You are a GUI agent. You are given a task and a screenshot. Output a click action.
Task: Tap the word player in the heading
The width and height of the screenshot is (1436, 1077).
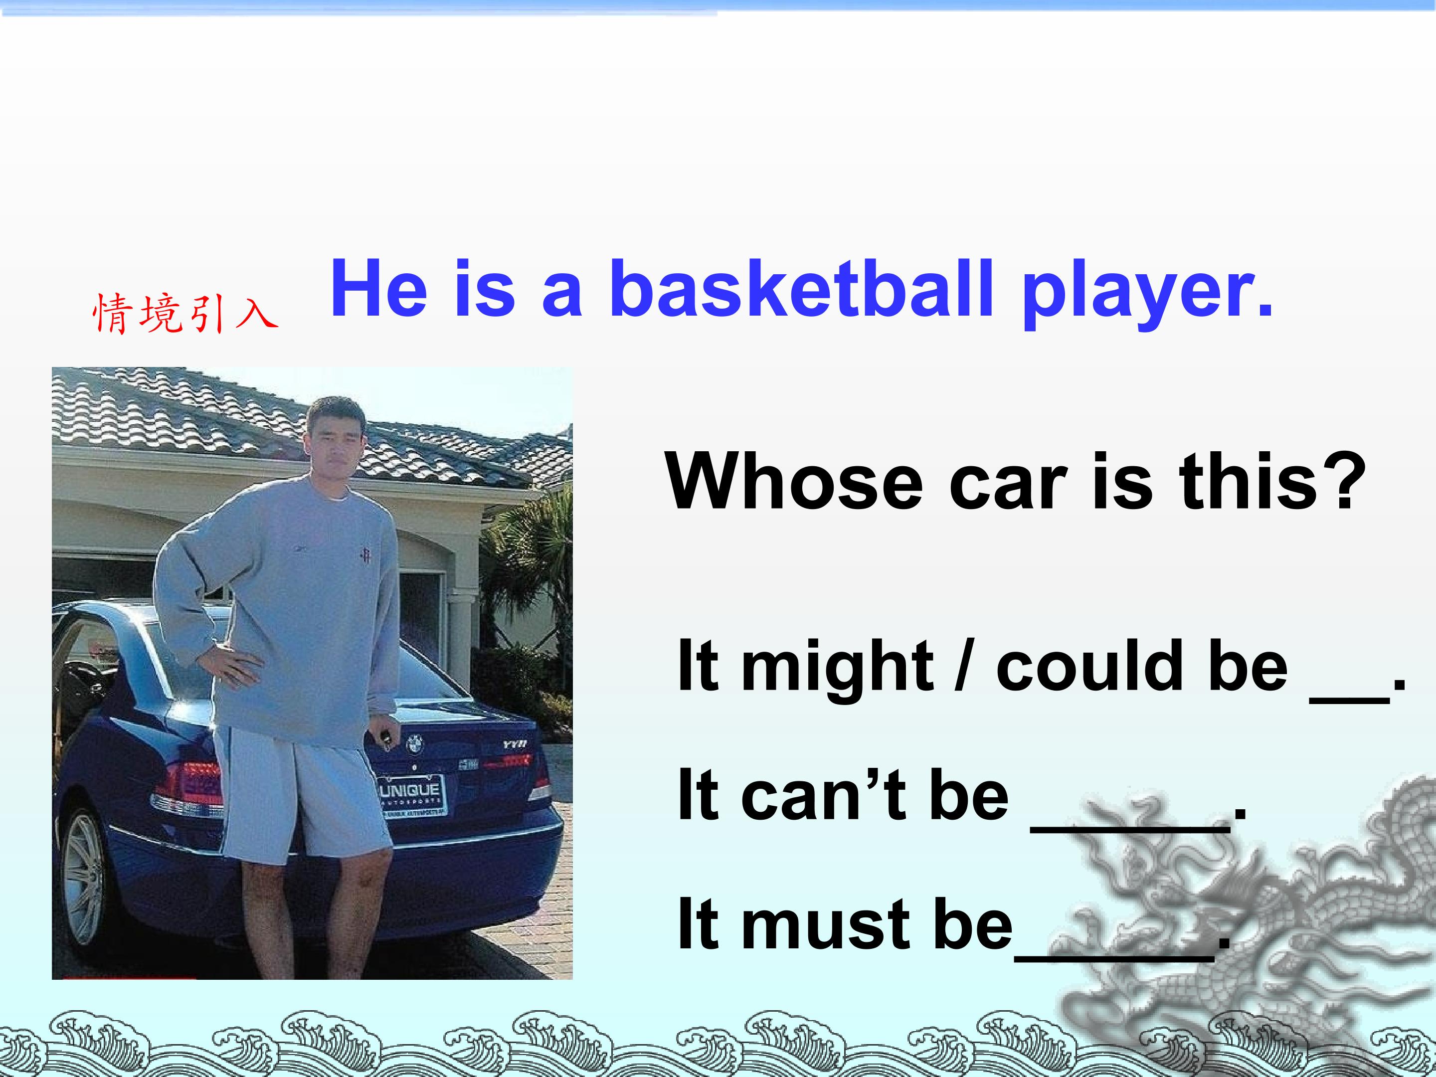click(1146, 293)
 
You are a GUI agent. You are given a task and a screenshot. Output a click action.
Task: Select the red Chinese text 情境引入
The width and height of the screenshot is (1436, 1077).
click(185, 313)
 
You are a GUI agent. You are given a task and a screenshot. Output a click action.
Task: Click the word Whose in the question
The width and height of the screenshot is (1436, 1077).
click(793, 482)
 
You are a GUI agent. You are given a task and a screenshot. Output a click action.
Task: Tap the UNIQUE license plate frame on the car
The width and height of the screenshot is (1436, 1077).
click(411, 797)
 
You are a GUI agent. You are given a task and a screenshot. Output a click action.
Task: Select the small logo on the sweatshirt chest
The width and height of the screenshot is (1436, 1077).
click(365, 556)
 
